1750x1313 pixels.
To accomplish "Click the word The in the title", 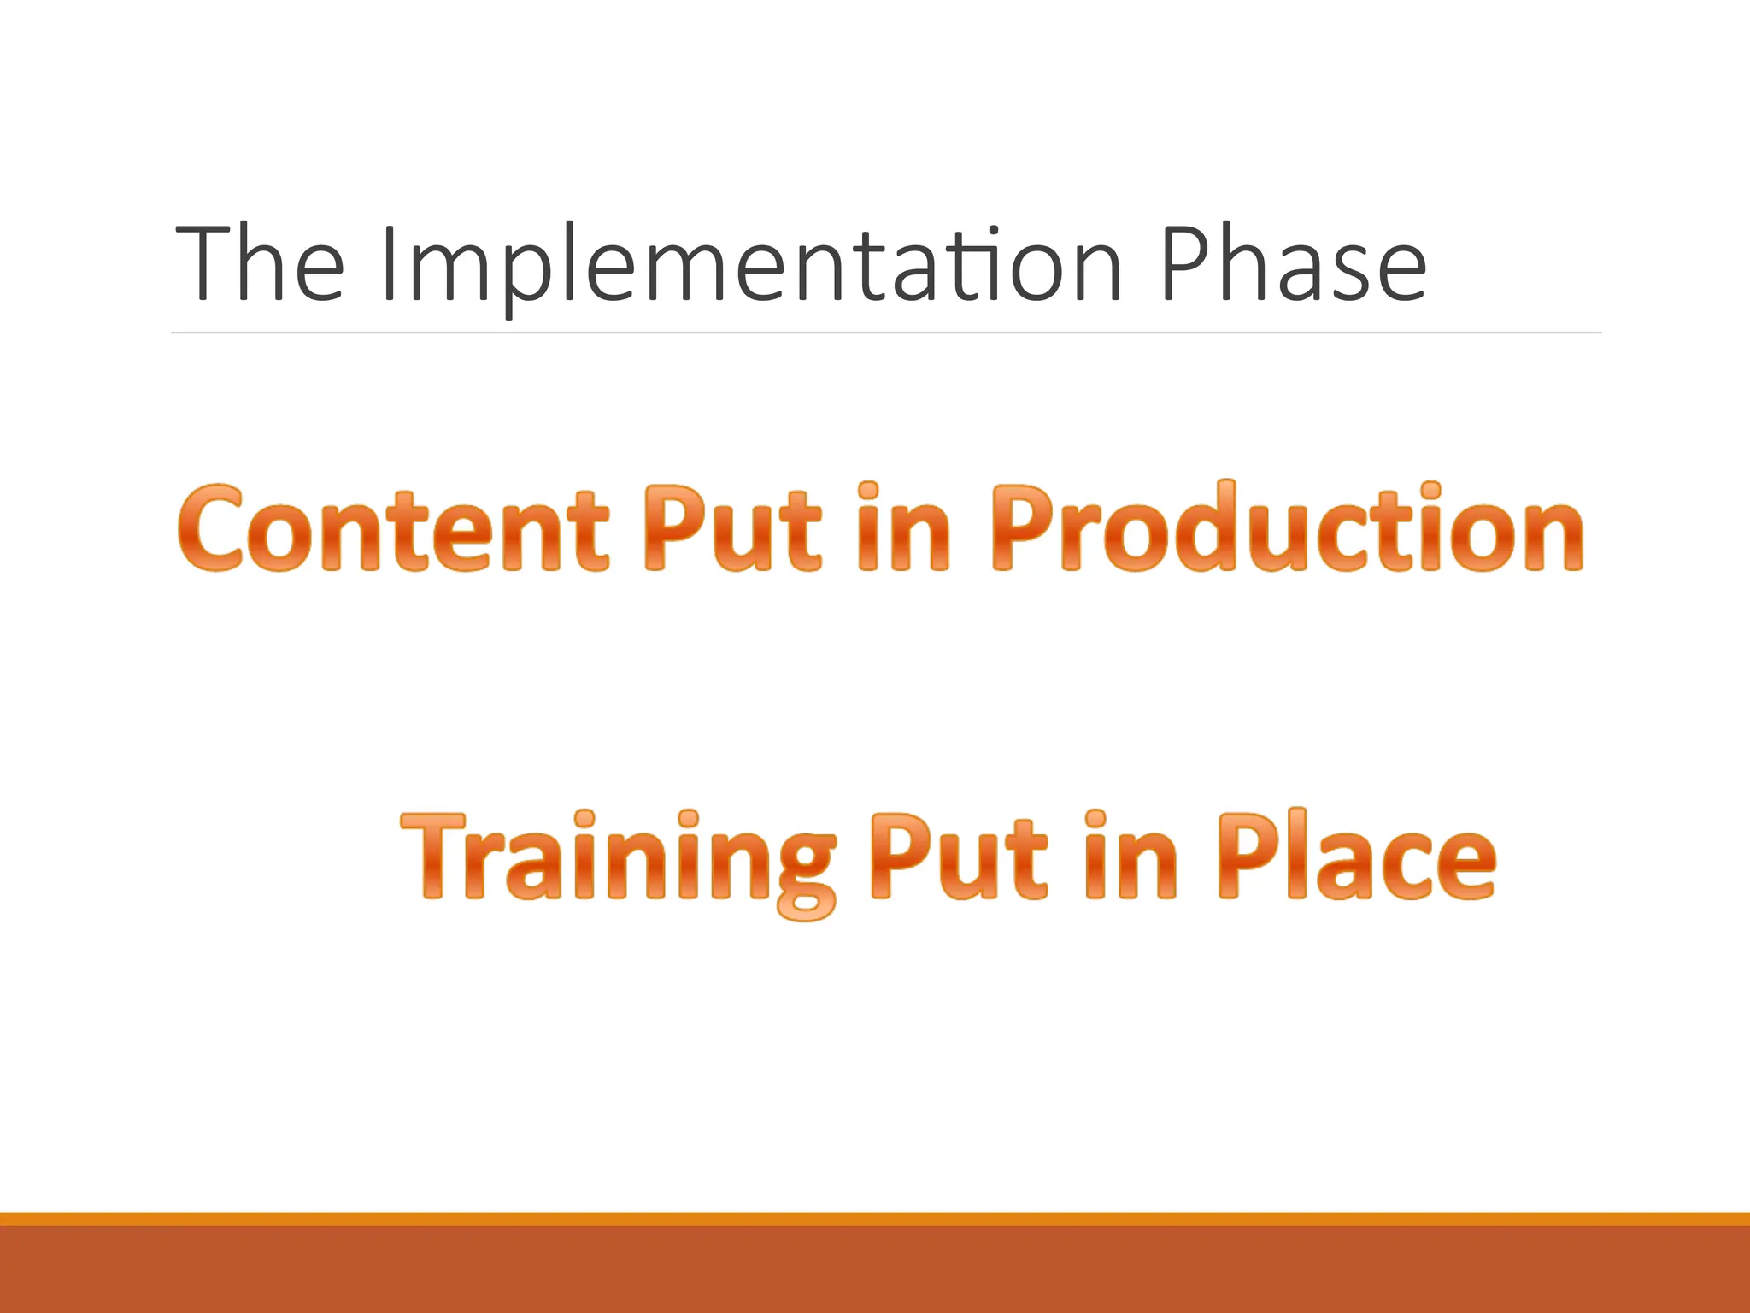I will (x=260, y=263).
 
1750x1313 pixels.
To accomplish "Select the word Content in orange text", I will (x=393, y=528).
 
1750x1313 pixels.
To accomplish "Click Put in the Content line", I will (x=731, y=528).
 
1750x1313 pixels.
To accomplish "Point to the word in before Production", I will (x=902, y=528).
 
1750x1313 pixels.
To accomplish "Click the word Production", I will (x=1287, y=528).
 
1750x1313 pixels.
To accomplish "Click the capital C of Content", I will (x=210, y=528).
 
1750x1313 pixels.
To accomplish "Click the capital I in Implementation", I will (x=390, y=263).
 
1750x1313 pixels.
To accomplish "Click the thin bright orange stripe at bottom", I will (x=875, y=1219).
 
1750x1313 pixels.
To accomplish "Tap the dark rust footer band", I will (x=875, y=1270).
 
